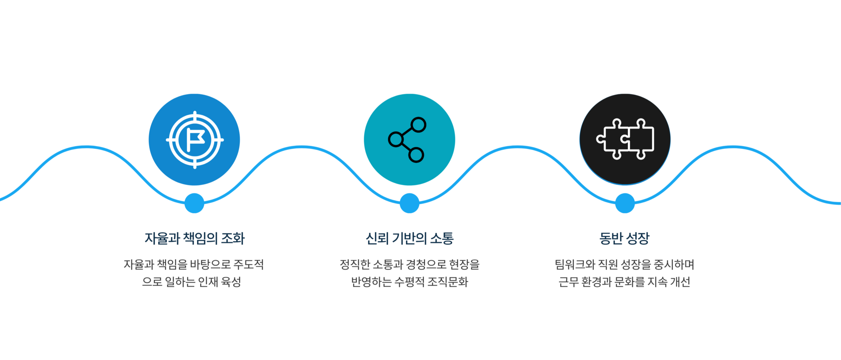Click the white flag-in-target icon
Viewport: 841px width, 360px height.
195,140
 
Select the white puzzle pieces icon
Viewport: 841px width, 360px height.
625,139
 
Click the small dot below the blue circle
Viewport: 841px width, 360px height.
195,203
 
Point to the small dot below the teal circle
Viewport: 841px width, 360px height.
409,203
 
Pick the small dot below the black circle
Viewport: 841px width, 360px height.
625,203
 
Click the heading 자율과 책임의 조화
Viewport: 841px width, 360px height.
195,239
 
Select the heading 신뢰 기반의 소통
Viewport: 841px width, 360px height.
409,239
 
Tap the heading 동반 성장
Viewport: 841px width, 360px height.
625,239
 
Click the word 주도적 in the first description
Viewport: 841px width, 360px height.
248,264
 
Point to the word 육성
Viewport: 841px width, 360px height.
231,282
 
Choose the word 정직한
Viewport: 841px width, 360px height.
355,264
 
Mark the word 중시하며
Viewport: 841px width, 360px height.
674,264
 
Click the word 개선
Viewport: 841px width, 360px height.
680,282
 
